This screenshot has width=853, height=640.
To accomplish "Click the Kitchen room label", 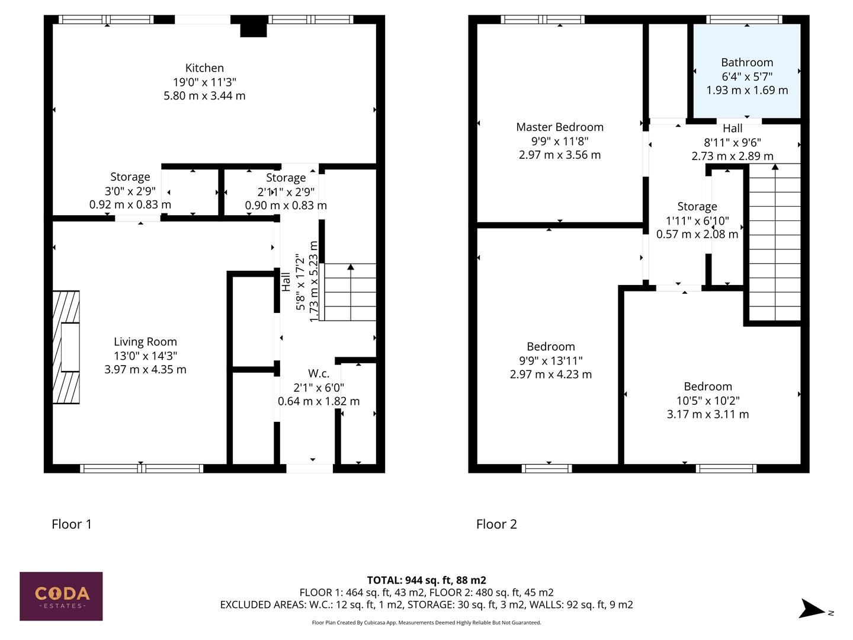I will (204, 68).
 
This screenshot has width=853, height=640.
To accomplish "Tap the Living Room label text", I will (145, 342).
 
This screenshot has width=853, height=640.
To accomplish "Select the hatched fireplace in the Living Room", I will (66, 347).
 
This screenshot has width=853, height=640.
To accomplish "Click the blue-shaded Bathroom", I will (746, 71).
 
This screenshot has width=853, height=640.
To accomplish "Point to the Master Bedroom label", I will (560, 127).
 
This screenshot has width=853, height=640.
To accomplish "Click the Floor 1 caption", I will (72, 524).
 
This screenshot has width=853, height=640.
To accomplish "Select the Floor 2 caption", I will (496, 524).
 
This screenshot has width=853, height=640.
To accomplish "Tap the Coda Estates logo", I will (61, 596).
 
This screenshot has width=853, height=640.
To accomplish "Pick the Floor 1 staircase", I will (349, 292).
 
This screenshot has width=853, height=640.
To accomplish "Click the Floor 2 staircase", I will (775, 243).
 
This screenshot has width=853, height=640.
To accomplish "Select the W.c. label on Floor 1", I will (319, 374).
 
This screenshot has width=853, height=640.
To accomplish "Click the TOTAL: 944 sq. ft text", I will (426, 580).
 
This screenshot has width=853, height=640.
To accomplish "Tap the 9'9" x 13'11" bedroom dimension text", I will (551, 360).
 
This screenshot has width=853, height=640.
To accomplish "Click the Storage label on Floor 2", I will (697, 207).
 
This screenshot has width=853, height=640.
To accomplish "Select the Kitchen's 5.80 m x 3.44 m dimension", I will (204, 95).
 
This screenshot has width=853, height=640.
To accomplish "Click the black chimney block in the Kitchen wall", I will (254, 28).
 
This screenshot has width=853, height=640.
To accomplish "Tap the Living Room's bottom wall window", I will (142, 468).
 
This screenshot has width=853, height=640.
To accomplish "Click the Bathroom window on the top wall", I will (746, 20).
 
